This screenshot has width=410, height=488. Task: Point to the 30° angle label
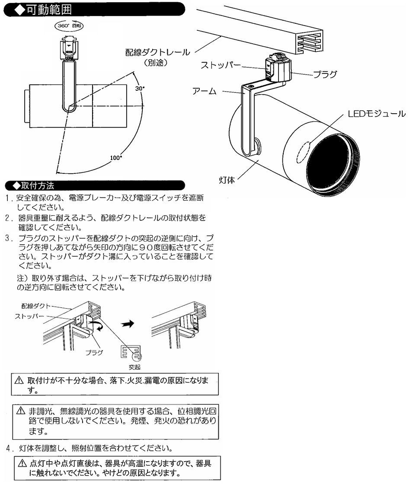pos(140,88)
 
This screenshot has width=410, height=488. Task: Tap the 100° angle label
pos(115,158)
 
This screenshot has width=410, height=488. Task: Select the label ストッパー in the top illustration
pos(221,65)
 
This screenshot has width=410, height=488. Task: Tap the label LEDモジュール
pos(377,114)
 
